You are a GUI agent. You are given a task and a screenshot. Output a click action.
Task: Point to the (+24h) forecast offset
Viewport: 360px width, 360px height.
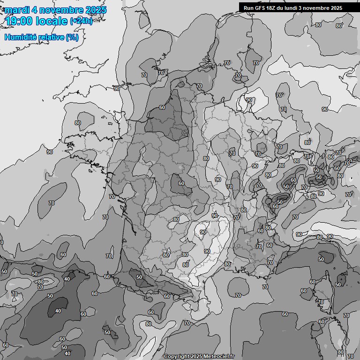(x=81, y=21)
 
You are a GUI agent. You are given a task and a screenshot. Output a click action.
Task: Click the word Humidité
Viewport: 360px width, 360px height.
(x=20, y=37)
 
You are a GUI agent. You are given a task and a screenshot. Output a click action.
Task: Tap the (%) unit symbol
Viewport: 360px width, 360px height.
(x=72, y=37)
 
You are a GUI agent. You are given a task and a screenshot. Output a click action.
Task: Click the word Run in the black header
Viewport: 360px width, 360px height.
(x=248, y=8)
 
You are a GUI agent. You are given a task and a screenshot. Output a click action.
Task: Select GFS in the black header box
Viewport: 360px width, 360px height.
(x=259, y=8)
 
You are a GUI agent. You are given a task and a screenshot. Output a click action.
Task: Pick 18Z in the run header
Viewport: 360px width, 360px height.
(x=271, y=8)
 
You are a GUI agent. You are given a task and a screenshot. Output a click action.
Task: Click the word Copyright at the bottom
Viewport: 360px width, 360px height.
(x=177, y=357)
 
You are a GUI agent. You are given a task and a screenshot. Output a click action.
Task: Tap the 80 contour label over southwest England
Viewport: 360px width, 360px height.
(x=78, y=123)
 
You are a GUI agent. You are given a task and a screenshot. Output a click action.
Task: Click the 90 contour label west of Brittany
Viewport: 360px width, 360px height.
(x=50, y=152)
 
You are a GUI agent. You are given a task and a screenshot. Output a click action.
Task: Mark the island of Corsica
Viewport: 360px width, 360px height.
(x=320, y=291)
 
